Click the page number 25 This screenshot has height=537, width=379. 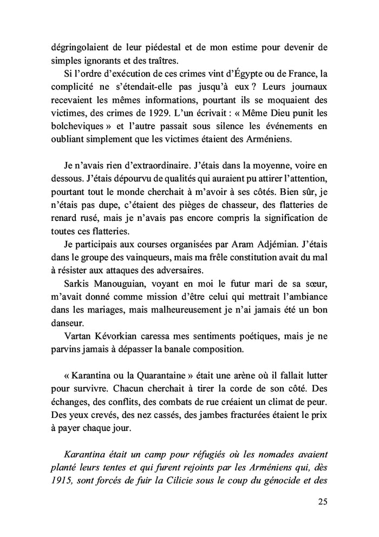[322, 501]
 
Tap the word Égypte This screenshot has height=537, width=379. [248, 73]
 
